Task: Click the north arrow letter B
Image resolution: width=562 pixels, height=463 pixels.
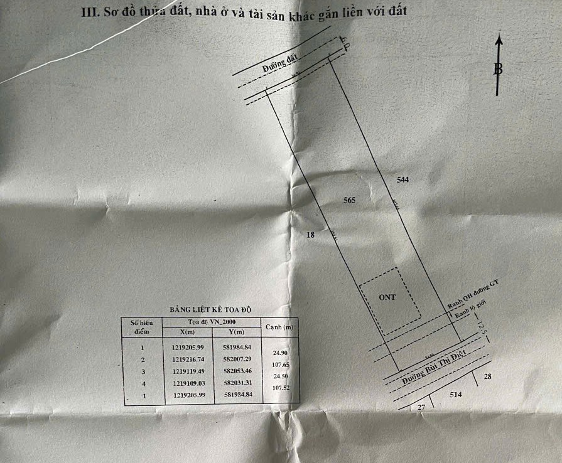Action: tap(499, 69)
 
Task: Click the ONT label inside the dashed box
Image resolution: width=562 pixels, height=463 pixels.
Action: tap(387, 297)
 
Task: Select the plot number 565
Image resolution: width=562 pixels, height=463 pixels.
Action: tap(350, 201)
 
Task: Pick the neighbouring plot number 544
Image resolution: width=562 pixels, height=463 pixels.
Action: tap(403, 180)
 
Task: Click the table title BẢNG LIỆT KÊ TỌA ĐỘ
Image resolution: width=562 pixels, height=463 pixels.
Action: tap(210, 310)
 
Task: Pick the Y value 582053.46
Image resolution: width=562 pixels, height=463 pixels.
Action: tap(237, 371)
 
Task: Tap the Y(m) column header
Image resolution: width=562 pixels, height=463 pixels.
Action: tap(237, 332)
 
